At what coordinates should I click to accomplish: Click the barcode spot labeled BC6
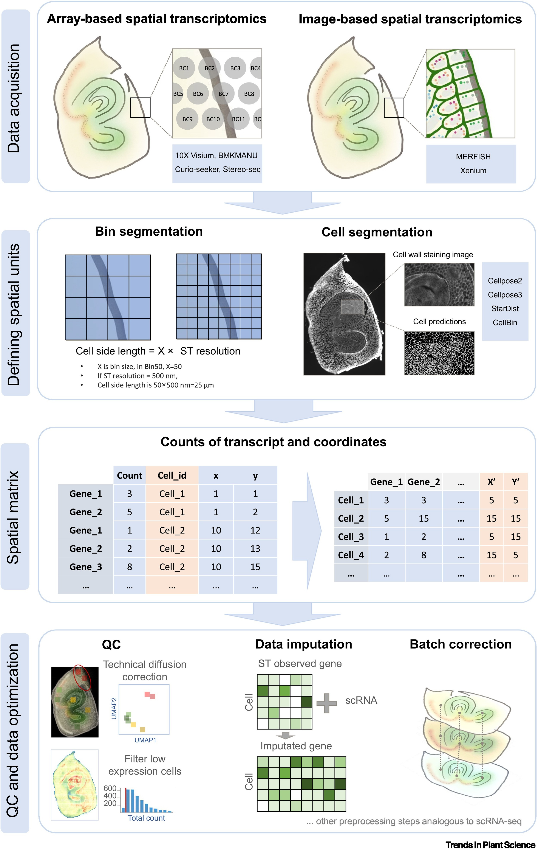coord(198,94)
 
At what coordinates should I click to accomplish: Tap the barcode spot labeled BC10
coord(213,119)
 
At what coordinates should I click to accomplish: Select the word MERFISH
coord(473,157)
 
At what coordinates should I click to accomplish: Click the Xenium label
coord(473,171)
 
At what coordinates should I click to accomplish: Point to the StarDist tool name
coord(505,309)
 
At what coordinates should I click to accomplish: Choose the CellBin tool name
coord(505,323)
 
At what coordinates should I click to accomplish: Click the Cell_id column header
coord(172,476)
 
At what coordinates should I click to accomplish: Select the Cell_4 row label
coord(351,555)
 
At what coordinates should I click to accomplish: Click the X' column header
coord(491,482)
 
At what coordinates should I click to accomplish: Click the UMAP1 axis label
coord(145,740)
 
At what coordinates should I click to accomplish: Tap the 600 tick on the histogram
coord(110,788)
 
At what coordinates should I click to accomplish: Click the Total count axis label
coord(146,818)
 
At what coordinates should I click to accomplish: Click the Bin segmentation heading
coord(149,232)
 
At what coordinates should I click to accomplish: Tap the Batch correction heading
coord(460,644)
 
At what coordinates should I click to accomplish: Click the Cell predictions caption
coord(439,322)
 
